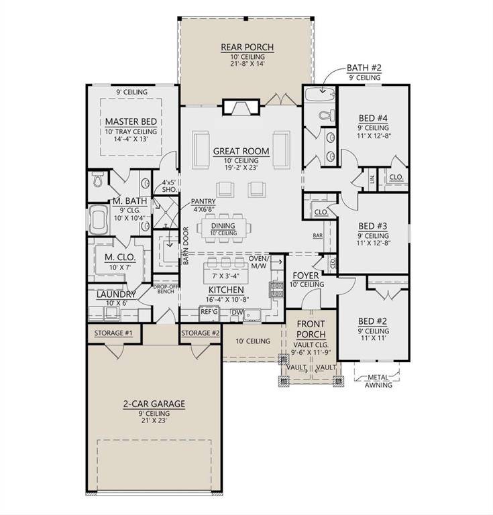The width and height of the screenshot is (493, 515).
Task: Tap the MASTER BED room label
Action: [x=131, y=121]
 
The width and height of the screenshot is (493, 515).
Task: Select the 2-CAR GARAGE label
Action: [x=154, y=404]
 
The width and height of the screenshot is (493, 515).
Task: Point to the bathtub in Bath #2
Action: [x=319, y=94]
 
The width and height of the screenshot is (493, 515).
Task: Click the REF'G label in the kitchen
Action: [x=210, y=311]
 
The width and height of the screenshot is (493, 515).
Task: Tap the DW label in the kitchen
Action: [x=235, y=311]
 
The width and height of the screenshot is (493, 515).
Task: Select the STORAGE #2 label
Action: [x=200, y=333]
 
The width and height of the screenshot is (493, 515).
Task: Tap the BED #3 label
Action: [x=374, y=225]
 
